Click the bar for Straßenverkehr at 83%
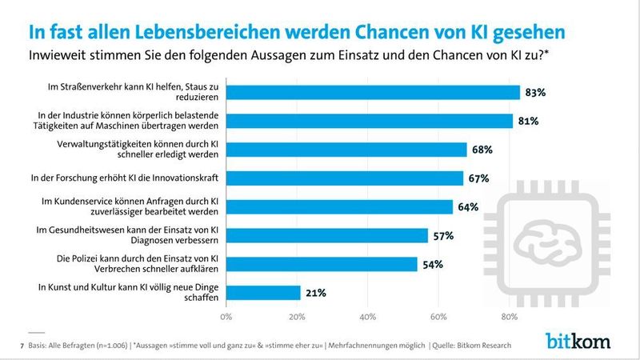click(373, 92)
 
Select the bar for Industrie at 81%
click(369, 121)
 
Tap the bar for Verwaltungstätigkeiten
click(346, 150)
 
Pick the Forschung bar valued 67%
click(344, 178)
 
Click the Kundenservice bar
click(339, 206)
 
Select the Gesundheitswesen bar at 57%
click(326, 235)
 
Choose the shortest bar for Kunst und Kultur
click(263, 293)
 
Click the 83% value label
click(535, 93)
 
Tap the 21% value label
click(315, 294)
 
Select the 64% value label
click(468, 207)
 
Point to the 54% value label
click(433, 265)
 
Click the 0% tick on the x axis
click(226, 317)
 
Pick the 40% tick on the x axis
click(367, 317)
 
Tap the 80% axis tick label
click(509, 317)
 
